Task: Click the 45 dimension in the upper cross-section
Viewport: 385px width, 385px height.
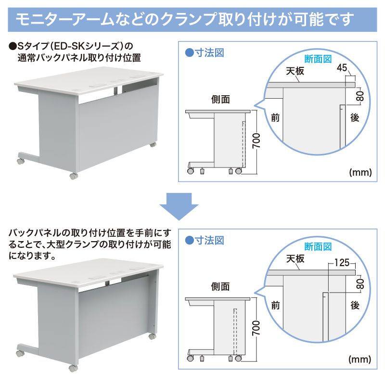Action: tap(342, 68)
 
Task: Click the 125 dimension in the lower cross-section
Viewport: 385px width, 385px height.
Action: tap(341, 263)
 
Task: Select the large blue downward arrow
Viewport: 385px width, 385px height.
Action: tap(179, 205)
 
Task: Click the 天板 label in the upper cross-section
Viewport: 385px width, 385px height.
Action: tap(295, 71)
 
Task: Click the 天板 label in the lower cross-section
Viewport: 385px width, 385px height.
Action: tap(295, 258)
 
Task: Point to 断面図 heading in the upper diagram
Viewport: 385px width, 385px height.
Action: tap(319, 59)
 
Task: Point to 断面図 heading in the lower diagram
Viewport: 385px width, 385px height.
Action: tap(319, 247)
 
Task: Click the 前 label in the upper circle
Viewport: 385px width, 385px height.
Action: tap(275, 117)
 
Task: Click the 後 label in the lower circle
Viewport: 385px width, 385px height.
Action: tap(355, 305)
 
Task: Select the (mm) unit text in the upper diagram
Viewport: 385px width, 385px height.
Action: tap(359, 171)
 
